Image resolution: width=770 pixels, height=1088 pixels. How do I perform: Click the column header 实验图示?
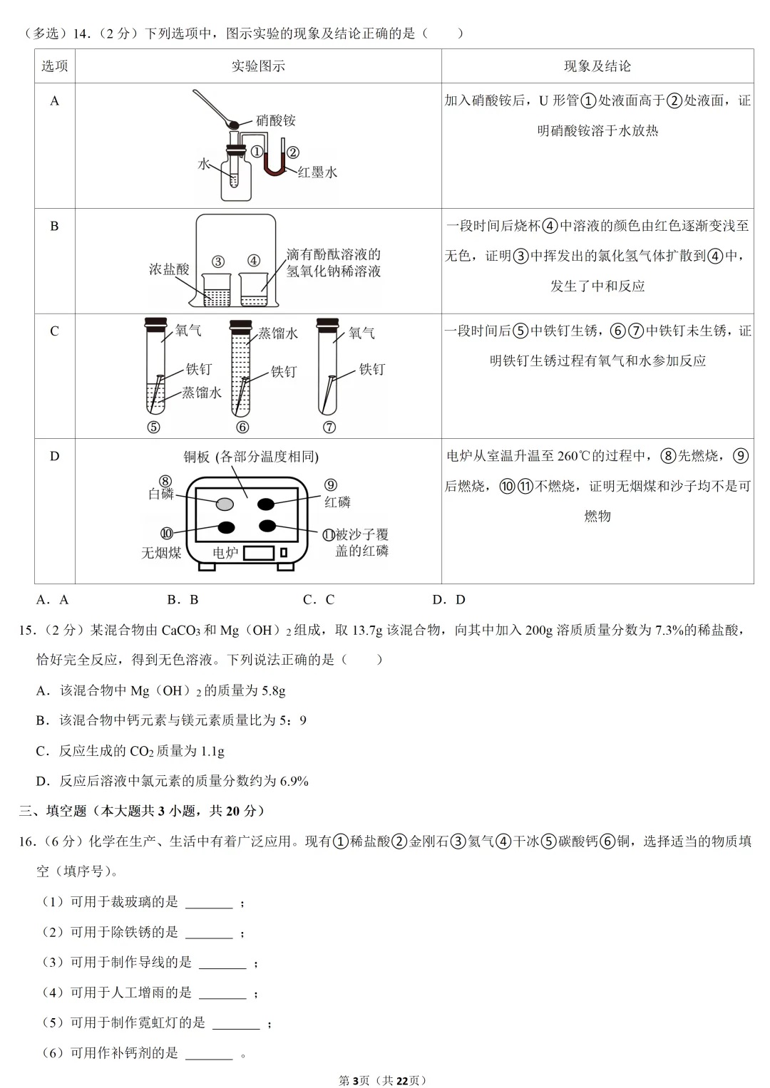coord(258,66)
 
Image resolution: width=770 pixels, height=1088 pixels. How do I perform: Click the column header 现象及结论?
coord(597,66)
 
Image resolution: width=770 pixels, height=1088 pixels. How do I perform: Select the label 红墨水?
coord(317,172)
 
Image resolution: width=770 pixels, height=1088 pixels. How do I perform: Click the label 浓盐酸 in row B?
coord(169,269)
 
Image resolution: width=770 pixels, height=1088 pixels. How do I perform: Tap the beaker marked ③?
coord(216,289)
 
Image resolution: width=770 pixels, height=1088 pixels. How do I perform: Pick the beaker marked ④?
coord(254,289)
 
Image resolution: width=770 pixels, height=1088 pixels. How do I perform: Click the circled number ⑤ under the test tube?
coord(153,428)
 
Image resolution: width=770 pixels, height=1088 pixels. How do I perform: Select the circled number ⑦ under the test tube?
coord(329,428)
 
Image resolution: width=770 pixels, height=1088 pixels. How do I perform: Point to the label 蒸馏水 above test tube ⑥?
coord(278,333)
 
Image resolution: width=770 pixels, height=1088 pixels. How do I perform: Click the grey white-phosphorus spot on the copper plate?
coord(225,504)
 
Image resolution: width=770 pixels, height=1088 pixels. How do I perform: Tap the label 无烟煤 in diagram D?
coord(161,553)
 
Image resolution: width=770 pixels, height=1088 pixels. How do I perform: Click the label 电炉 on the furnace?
coord(225,553)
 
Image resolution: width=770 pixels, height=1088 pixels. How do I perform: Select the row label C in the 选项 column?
coord(54,331)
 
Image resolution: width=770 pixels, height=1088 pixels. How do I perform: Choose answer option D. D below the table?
coord(449,600)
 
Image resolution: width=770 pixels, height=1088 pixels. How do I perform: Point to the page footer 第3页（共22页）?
coord(383,1080)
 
